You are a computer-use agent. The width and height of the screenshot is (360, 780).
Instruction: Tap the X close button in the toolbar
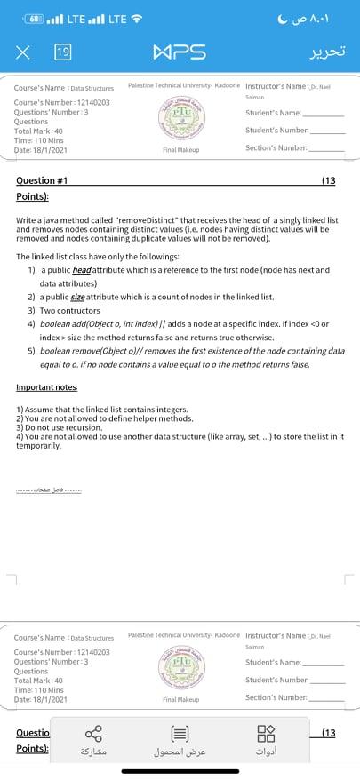[x=21, y=52]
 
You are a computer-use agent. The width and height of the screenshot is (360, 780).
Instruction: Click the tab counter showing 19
[x=62, y=52]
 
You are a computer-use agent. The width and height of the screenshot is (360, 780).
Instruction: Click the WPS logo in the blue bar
[x=180, y=52]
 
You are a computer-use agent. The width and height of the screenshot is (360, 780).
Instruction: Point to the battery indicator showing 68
[x=36, y=18]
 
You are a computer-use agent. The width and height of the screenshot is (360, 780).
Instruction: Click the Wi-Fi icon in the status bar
[x=137, y=18]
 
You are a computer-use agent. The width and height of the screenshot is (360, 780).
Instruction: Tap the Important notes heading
[x=46, y=387]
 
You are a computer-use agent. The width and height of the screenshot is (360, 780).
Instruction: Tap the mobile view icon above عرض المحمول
[x=180, y=734]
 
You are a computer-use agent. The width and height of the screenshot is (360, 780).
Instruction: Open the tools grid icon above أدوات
[x=266, y=734]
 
